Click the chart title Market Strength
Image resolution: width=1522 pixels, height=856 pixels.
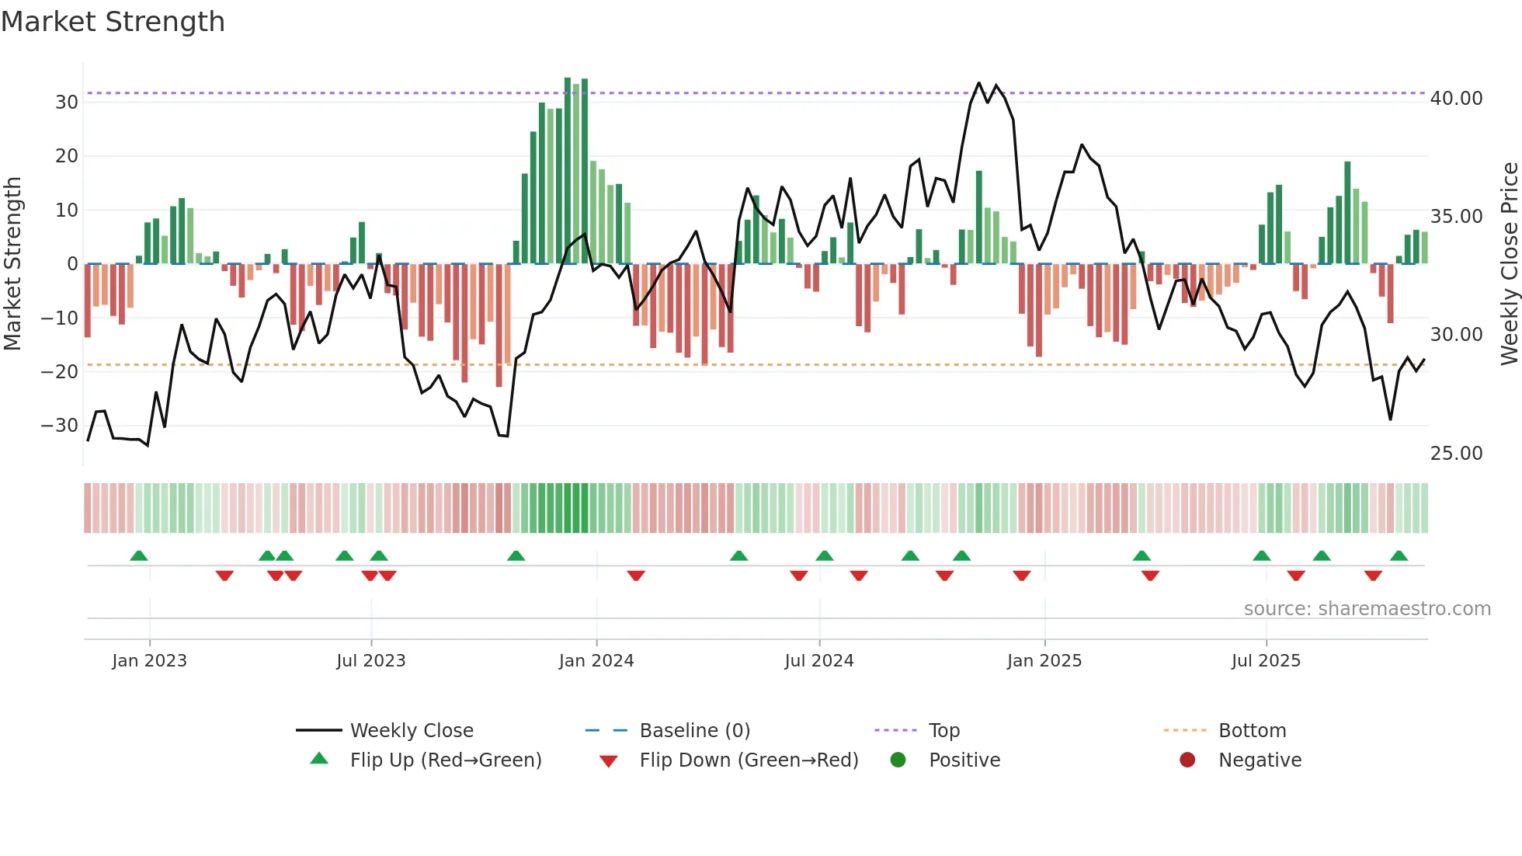click(113, 22)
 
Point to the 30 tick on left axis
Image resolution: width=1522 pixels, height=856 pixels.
click(67, 102)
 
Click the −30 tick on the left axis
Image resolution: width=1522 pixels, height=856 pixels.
click(60, 426)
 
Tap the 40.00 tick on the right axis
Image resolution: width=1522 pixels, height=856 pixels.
click(1456, 99)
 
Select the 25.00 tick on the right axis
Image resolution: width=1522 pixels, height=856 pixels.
click(1456, 454)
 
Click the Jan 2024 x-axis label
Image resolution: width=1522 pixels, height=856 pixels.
click(596, 661)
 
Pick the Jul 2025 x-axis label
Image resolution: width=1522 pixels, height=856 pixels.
click(1266, 661)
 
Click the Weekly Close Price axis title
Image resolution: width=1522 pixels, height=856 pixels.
click(1509, 264)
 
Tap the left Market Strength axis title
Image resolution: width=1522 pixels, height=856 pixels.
click(12, 264)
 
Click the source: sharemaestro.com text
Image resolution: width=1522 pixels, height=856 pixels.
click(1367, 609)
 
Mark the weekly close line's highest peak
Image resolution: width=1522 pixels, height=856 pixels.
click(978, 83)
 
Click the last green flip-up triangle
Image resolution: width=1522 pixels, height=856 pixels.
click(1399, 556)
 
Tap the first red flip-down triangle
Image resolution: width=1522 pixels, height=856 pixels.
click(224, 576)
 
